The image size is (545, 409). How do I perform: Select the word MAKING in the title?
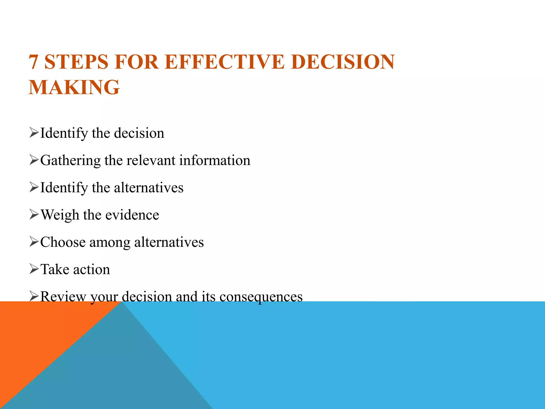[74, 87]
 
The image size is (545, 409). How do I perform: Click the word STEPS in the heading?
[76, 62]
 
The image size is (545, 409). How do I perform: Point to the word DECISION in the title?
[343, 62]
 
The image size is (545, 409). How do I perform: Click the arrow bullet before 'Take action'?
[34, 269]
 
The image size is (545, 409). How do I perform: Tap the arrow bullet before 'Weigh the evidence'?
[34, 214]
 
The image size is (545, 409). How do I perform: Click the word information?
[214, 160]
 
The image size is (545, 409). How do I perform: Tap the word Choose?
[63, 242]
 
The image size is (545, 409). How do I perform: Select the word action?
[92, 269]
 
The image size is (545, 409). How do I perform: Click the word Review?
[63, 296]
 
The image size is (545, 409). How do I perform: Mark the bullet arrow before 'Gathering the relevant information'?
[34, 160]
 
